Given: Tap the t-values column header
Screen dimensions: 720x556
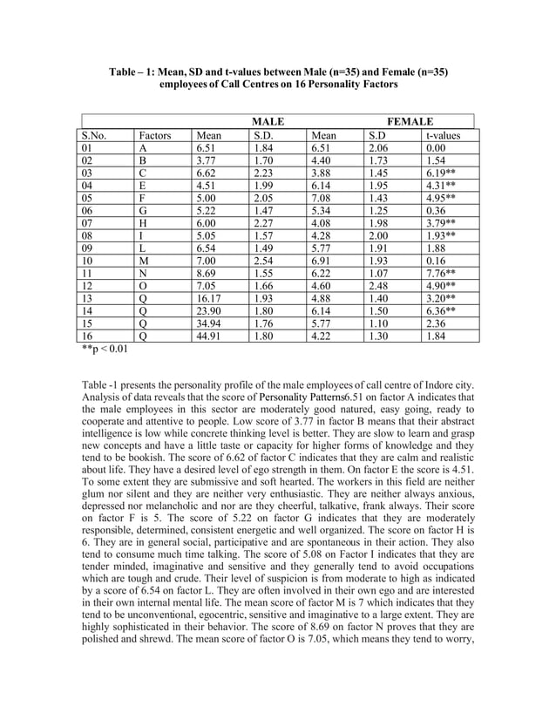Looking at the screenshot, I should [444, 136].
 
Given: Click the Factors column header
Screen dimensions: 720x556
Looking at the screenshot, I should [154, 136].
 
